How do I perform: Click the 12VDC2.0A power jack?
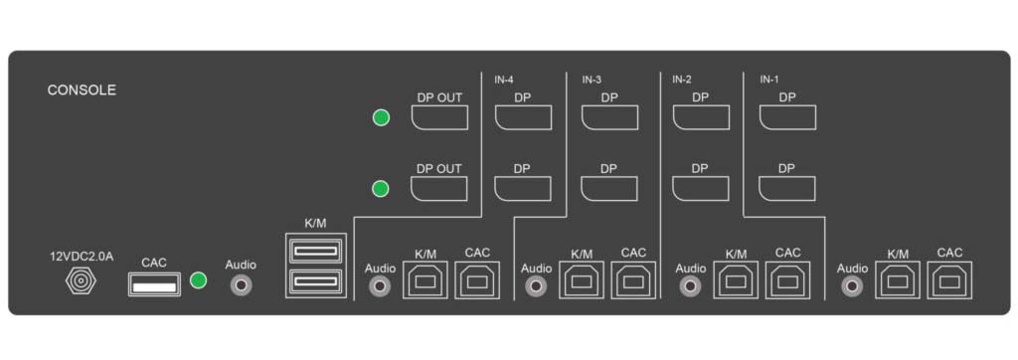coord(80,283)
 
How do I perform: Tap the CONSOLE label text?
coord(82,90)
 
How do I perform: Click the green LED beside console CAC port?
coord(198,281)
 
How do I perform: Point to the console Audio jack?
coord(241,285)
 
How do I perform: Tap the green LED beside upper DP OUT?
coord(380,118)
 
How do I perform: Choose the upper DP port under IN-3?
coord(609,117)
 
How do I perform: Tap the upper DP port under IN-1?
coord(787,117)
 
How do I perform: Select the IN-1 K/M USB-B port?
coord(898,281)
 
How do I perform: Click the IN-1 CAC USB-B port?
coord(949,281)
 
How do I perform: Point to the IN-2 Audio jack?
coord(690,286)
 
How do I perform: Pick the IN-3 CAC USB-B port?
coord(633,281)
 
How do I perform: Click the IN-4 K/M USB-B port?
coord(424,281)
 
